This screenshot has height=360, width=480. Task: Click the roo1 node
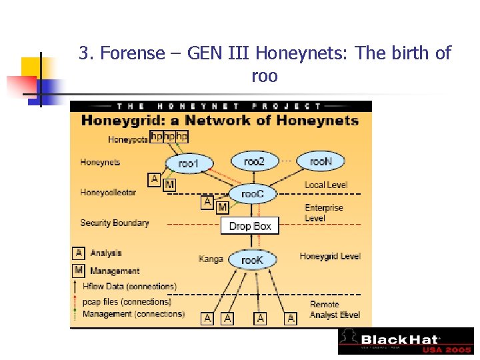(188, 163)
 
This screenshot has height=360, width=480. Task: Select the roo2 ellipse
(254, 161)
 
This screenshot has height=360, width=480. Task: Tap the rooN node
(320, 161)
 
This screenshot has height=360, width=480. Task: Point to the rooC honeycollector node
(253, 194)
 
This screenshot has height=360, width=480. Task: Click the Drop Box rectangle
(249, 226)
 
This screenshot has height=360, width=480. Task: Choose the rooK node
(252, 260)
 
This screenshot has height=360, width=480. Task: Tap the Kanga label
(210, 259)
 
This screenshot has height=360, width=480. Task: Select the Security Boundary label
(114, 223)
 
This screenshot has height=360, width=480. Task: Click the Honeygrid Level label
(329, 256)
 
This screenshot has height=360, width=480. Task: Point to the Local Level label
(326, 185)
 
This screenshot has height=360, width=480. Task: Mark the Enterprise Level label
(323, 213)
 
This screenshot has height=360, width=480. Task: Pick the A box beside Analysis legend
(79, 253)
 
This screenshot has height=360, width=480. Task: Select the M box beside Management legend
(79, 271)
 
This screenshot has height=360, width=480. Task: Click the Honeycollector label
(108, 193)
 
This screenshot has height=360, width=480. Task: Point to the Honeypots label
(127, 139)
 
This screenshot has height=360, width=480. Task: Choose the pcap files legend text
(127, 301)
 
